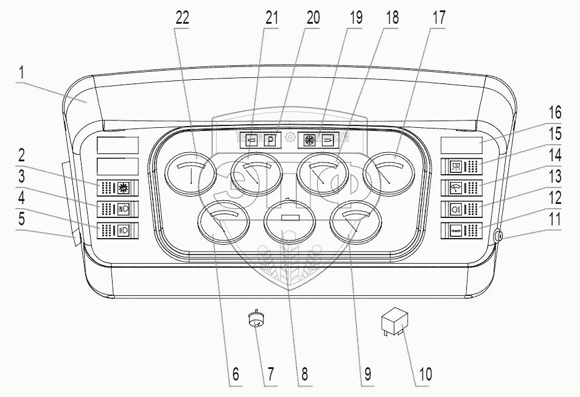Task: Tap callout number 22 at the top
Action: [x=181, y=18]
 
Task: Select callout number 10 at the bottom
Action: [x=425, y=373]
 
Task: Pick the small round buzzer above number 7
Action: [x=257, y=320]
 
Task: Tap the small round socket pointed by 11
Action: [x=499, y=236]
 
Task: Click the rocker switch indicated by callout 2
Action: [x=117, y=187]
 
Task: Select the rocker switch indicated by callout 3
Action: [x=117, y=209]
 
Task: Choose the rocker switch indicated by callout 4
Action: [x=117, y=231]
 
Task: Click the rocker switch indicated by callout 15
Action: [x=464, y=166]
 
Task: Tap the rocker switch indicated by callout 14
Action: [x=464, y=187]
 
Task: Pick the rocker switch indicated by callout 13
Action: [x=464, y=209]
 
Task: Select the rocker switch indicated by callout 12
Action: [x=464, y=231]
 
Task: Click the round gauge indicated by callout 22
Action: [x=190, y=175]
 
